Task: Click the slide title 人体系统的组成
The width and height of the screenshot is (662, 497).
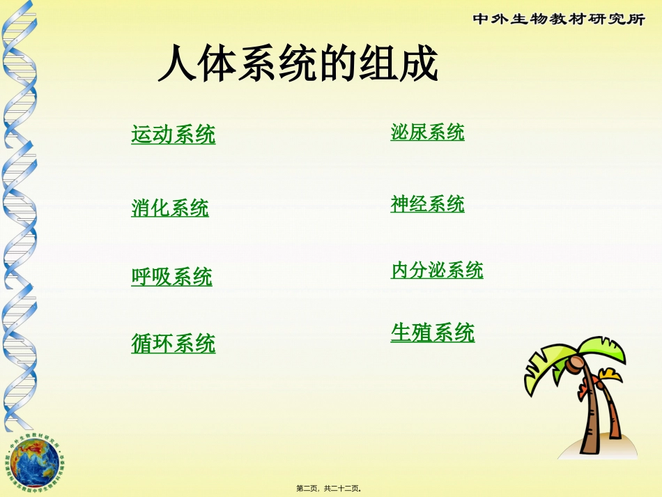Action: [x=298, y=66]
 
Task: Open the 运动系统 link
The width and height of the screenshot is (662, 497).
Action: [x=174, y=134]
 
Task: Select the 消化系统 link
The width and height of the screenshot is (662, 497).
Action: [x=170, y=207]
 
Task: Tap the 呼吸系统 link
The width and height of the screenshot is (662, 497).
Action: [x=171, y=277]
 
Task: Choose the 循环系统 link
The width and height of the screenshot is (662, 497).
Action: [x=174, y=343]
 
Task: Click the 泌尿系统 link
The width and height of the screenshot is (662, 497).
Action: [x=427, y=132]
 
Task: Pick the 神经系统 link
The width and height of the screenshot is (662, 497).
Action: [x=427, y=204]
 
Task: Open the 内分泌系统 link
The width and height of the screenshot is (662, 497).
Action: [x=437, y=270]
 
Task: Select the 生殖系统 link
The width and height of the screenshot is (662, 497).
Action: [x=433, y=332]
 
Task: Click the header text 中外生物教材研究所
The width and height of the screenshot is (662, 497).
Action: [x=559, y=20]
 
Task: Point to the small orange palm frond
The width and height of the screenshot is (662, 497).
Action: [x=611, y=376]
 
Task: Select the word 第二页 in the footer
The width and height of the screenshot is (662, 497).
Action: [x=307, y=489]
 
